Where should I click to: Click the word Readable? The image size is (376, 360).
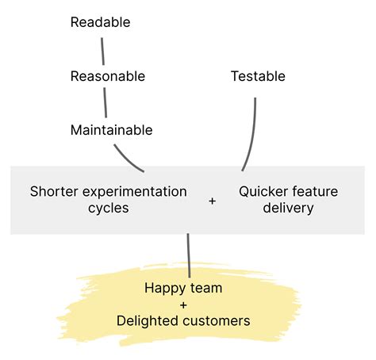click(100, 22)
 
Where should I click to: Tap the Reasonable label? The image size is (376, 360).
click(108, 76)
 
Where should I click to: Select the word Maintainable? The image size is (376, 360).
click(111, 130)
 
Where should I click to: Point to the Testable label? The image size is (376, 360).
click(258, 76)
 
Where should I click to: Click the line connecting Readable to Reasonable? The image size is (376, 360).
click(102, 52)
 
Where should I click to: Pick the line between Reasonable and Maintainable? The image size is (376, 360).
click(105, 102)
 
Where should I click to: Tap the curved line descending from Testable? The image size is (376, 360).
click(252, 136)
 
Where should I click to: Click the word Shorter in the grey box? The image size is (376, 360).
click(54, 191)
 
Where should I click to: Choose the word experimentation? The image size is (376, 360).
click(135, 192)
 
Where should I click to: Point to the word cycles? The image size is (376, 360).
click(109, 209)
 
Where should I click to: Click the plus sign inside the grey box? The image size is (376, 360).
click(212, 201)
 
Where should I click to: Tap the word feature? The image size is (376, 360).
click(315, 191)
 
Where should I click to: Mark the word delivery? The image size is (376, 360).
click(288, 208)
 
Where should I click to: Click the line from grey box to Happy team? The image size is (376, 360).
click(189, 255)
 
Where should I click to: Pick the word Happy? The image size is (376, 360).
click(165, 289)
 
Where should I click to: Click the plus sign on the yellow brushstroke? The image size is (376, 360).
click(183, 305)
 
